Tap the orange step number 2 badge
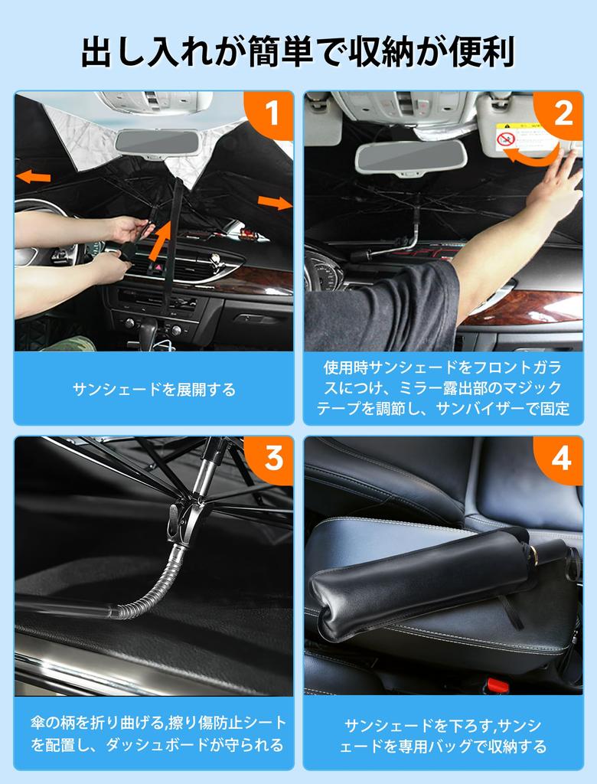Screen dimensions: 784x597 [563, 113]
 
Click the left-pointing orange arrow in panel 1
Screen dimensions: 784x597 [34, 177]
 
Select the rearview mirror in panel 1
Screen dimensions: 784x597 [158, 142]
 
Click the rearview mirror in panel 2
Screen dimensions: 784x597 [410, 158]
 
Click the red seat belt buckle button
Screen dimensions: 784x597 [497, 685]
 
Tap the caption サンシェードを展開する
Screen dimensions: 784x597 [154, 390]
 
